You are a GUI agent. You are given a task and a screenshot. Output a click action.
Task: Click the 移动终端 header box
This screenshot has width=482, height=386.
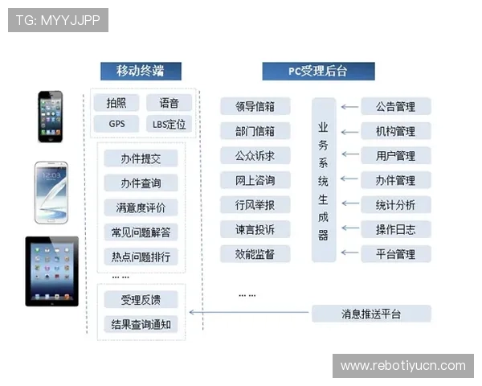pos(141,71)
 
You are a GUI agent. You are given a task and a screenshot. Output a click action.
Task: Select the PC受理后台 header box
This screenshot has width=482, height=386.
pos(318,71)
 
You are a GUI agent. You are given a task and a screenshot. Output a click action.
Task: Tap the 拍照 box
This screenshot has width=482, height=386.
pos(116,103)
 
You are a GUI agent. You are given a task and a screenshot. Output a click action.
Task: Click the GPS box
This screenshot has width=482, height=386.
pos(116,124)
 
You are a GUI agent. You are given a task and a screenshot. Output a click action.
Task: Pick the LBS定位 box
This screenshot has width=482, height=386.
pos(169,124)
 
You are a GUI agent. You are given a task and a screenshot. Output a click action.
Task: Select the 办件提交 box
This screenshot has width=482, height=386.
pos(141,159)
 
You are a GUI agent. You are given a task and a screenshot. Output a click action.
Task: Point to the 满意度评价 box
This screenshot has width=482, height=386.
pos(141,207)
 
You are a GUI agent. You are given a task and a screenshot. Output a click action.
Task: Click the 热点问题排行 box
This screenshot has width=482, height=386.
pos(141,257)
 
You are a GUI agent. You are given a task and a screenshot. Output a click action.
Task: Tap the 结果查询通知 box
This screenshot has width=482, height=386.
pos(141,325)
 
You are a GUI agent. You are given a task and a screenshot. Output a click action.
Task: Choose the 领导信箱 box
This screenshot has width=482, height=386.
pos(255,107)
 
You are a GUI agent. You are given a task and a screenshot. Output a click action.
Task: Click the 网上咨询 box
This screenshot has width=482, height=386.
pos(255,180)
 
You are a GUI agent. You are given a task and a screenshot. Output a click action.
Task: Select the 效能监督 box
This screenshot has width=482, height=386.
pos(255,254)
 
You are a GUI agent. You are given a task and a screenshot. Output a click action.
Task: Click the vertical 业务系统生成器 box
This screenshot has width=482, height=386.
pos(324,180)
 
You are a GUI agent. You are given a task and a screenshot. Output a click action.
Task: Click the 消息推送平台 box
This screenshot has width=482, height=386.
pos(371,314)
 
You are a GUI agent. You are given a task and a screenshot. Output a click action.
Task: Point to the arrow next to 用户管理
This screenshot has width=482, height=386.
pos(348,156)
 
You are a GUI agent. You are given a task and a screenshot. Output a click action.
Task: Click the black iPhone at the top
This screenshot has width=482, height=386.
pos(50,117)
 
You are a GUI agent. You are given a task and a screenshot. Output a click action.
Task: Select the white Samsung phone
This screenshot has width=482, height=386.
pos(51,192)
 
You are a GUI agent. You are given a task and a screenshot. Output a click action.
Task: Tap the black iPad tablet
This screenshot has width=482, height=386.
pos(52,271)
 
